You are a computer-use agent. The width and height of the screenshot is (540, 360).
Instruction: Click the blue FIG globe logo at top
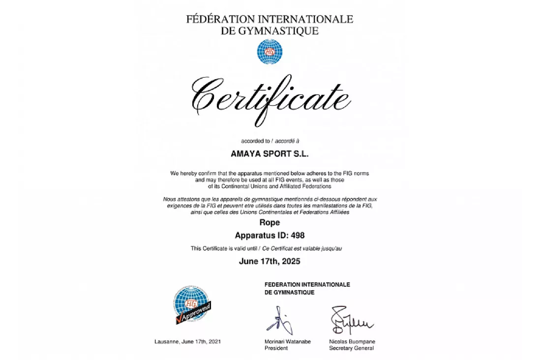[270, 52]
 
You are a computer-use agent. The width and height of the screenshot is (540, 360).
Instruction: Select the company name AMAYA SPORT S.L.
[270, 153]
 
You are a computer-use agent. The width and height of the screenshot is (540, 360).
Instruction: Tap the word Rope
[270, 223]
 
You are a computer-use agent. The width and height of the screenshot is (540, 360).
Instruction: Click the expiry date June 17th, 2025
[270, 261]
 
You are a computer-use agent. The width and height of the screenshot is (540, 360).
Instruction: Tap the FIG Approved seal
[192, 305]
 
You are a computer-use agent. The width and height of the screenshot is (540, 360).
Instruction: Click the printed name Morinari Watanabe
[288, 341]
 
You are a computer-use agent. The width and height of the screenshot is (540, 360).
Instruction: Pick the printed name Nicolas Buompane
[352, 341]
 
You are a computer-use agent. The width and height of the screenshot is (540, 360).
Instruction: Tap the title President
[276, 348]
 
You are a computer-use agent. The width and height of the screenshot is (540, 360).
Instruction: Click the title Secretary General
[351, 348]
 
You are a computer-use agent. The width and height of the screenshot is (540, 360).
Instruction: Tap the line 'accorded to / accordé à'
[270, 141]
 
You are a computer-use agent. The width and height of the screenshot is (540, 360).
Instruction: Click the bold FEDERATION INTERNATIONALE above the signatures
[307, 285]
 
